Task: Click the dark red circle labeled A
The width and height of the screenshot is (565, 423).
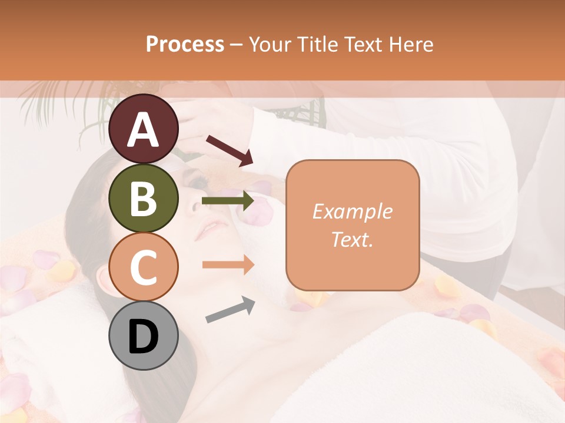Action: [144, 129]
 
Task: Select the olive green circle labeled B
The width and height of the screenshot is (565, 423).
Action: [144, 198]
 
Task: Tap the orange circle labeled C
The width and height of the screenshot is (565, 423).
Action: [144, 267]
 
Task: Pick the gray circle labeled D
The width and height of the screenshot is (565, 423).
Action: [144, 336]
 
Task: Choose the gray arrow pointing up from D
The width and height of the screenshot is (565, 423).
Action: [230, 310]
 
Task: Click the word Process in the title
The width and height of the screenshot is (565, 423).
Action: [185, 44]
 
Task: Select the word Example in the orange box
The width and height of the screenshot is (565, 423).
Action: [352, 212]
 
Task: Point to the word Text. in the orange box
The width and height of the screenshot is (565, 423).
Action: [352, 239]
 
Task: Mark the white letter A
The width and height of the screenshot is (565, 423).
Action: [144, 129]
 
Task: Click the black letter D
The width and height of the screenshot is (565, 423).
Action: [144, 337]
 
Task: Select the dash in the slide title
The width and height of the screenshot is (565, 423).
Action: [237, 45]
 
